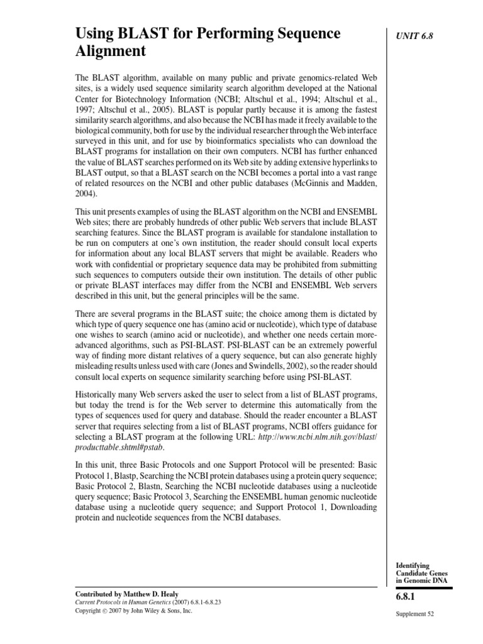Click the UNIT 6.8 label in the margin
[412, 36]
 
